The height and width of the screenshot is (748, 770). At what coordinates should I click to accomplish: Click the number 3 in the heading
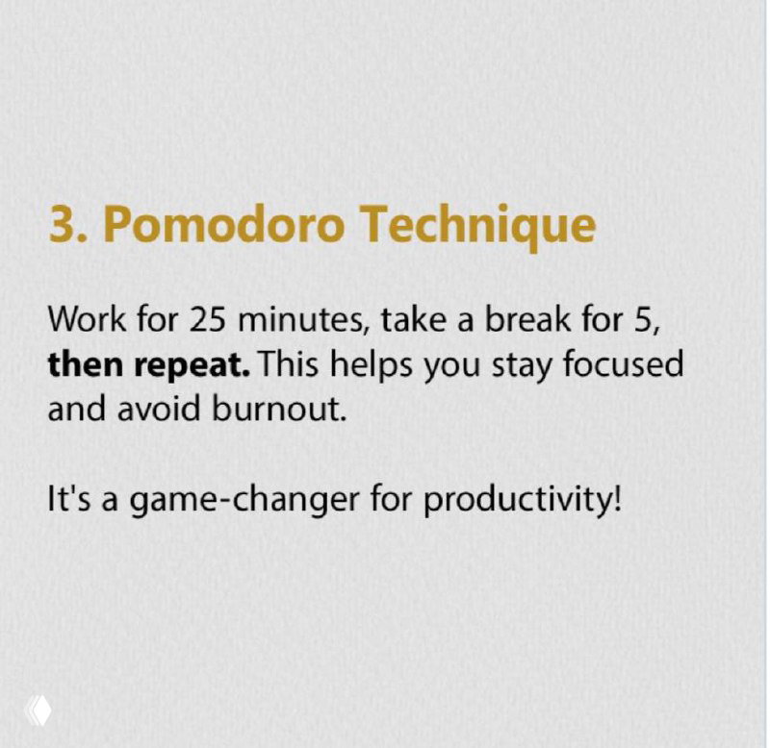point(61,224)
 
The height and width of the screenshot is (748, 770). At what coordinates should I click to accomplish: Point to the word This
point(293,364)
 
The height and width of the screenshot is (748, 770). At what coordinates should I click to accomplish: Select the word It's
point(68,500)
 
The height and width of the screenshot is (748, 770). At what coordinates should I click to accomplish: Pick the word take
point(410,319)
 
